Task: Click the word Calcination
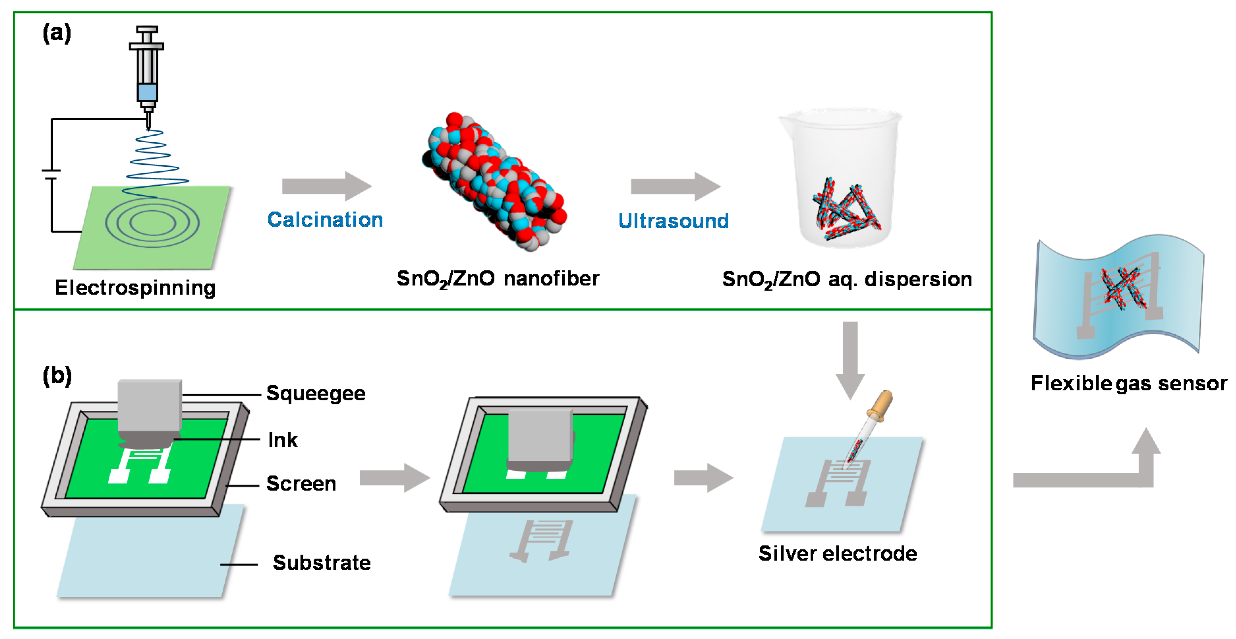click(x=325, y=220)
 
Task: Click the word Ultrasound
click(x=673, y=221)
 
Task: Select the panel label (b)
click(x=57, y=375)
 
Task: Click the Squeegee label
click(x=316, y=393)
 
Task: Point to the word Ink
click(x=283, y=440)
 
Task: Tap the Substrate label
click(x=322, y=563)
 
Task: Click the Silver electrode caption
click(x=837, y=554)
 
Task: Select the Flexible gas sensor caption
click(x=1129, y=383)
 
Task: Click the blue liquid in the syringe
click(x=147, y=92)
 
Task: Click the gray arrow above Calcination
click(x=326, y=186)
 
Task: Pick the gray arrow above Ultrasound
click(x=675, y=186)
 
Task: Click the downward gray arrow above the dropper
click(x=850, y=360)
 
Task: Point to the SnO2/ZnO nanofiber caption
click(x=497, y=279)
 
